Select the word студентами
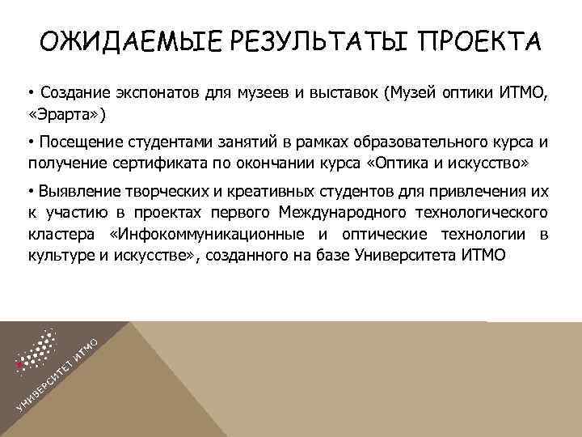(x=162, y=142)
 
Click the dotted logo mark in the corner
(x=36, y=353)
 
